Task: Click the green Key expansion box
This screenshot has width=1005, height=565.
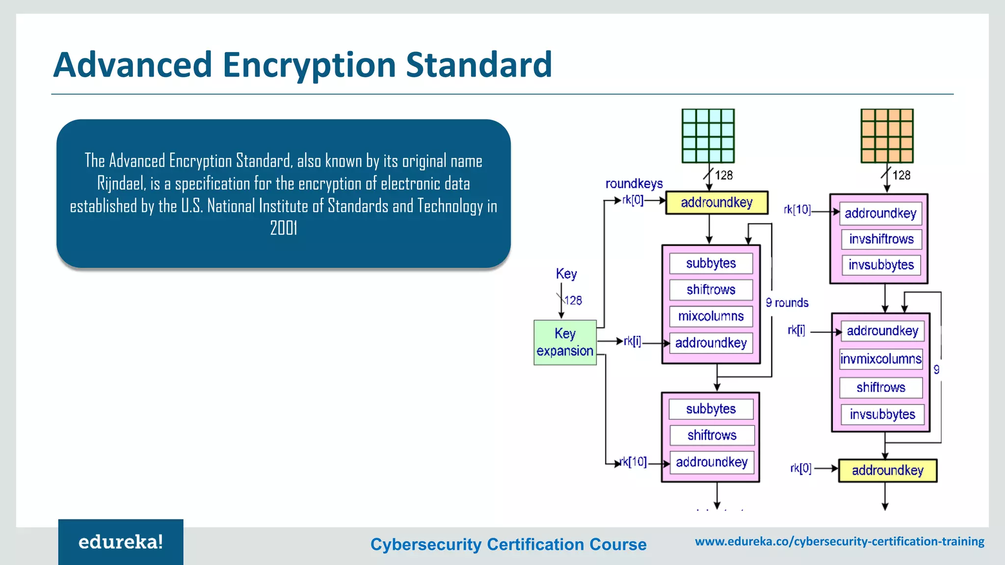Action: point(565,342)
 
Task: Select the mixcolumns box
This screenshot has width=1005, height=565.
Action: point(711,316)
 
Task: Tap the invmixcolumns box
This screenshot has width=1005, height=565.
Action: point(881,359)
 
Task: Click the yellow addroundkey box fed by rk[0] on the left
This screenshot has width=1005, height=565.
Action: point(716,203)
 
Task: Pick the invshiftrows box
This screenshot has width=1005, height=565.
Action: point(881,239)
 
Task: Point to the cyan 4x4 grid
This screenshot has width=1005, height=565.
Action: point(708,136)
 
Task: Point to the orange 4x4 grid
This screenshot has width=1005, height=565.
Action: point(887,136)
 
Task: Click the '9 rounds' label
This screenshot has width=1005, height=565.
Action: point(787,303)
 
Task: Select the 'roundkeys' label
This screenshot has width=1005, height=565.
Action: point(634,184)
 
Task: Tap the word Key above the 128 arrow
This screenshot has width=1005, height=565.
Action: point(566,274)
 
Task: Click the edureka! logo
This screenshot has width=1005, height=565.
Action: point(121,542)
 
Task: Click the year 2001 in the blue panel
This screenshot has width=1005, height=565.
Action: point(284,228)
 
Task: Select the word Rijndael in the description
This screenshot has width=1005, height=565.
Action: point(121,183)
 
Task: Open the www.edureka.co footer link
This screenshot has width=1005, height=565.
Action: point(840,541)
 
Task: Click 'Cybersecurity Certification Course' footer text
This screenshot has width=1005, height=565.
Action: point(508,544)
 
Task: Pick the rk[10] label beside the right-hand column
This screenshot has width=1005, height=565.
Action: point(797,210)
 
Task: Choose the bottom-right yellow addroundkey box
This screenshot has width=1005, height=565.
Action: point(887,470)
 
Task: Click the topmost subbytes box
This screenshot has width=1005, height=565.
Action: point(711,263)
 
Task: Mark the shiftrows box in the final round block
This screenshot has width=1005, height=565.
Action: point(712,435)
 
